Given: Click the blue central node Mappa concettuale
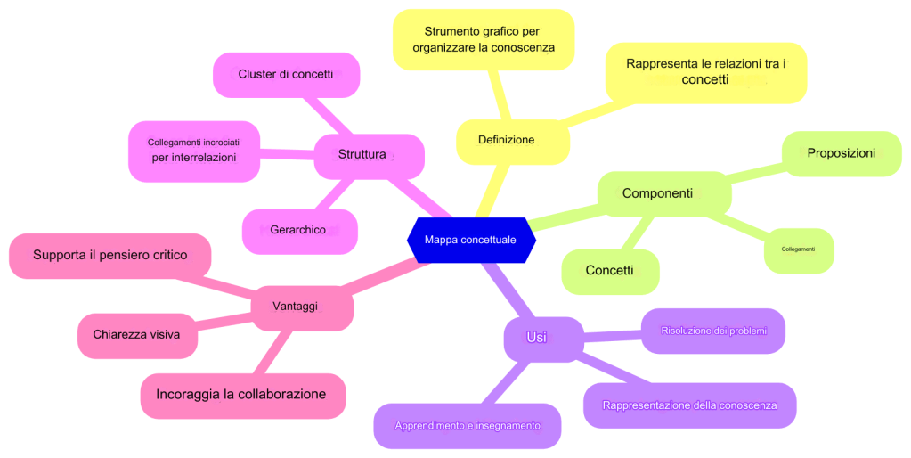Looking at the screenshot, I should point(470,240).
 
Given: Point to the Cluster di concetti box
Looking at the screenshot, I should point(286,75).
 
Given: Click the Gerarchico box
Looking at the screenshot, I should point(299,230).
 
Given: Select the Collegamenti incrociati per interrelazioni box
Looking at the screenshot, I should point(194,150).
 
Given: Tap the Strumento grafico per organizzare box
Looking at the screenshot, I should point(484,39).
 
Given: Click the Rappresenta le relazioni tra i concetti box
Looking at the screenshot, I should point(705,72).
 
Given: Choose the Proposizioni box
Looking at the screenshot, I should point(841,153).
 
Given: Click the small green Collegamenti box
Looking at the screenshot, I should point(799,249).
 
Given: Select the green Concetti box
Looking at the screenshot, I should point(610,271).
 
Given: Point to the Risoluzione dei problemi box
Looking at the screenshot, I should point(712,331).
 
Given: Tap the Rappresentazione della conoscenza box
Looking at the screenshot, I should point(689,405).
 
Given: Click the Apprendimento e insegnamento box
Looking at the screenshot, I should point(468,426).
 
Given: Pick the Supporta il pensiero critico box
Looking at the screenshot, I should point(110,255).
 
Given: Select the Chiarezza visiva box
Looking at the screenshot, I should point(137,335).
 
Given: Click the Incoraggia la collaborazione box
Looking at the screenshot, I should point(242,395).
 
